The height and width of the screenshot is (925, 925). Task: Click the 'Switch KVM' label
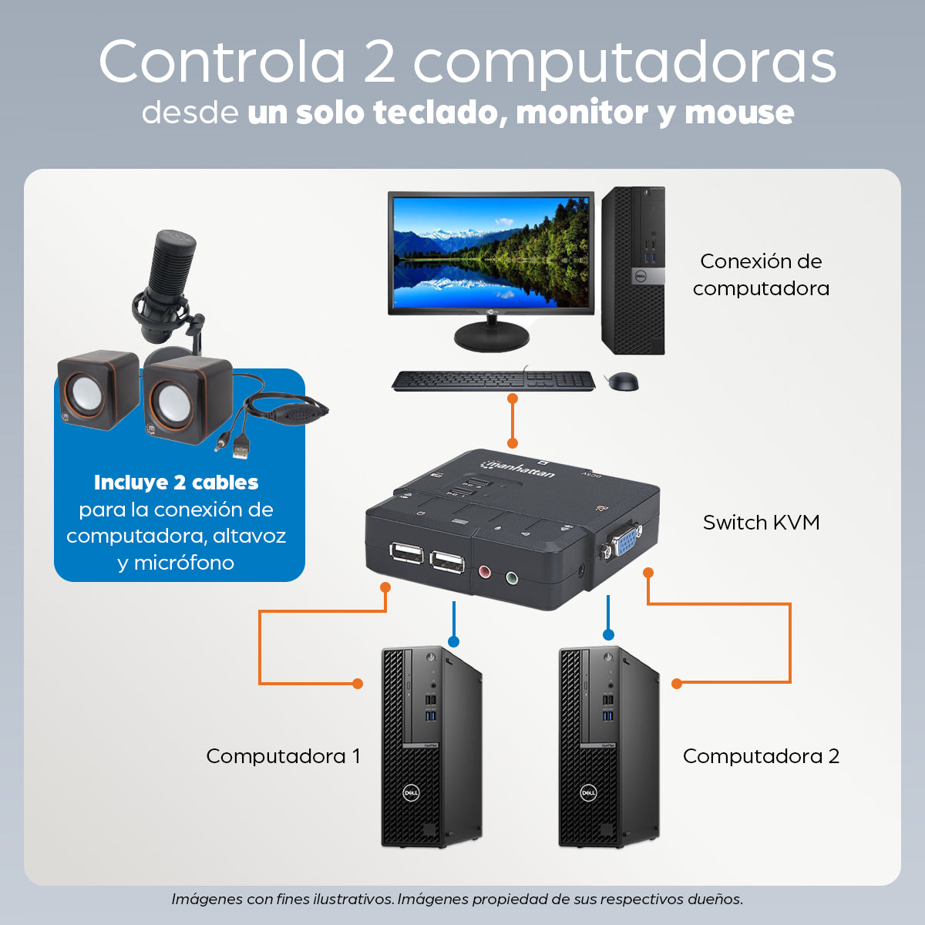pyautogui.click(x=761, y=523)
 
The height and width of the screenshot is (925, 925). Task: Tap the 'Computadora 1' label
pyautogui.click(x=283, y=756)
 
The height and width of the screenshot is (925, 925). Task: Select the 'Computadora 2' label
pyautogui.click(x=761, y=756)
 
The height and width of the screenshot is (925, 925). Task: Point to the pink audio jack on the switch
pyautogui.click(x=485, y=572)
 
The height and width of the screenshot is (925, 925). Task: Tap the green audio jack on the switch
pyautogui.click(x=512, y=577)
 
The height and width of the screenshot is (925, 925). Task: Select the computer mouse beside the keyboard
pyautogui.click(x=624, y=381)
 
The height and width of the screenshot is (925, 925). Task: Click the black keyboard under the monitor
pyautogui.click(x=493, y=381)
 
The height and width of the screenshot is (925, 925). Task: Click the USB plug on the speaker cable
pyautogui.click(x=241, y=449)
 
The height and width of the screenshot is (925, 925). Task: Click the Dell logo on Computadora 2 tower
pyautogui.click(x=588, y=792)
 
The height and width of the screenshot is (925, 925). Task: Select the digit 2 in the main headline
pyautogui.click(x=379, y=62)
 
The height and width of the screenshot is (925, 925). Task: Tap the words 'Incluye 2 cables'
pyautogui.click(x=177, y=483)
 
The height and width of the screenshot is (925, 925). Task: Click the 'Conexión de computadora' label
pyautogui.click(x=761, y=274)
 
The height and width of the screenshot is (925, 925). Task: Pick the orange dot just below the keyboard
pyautogui.click(x=513, y=399)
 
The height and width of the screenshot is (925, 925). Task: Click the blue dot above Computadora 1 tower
pyautogui.click(x=453, y=642)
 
